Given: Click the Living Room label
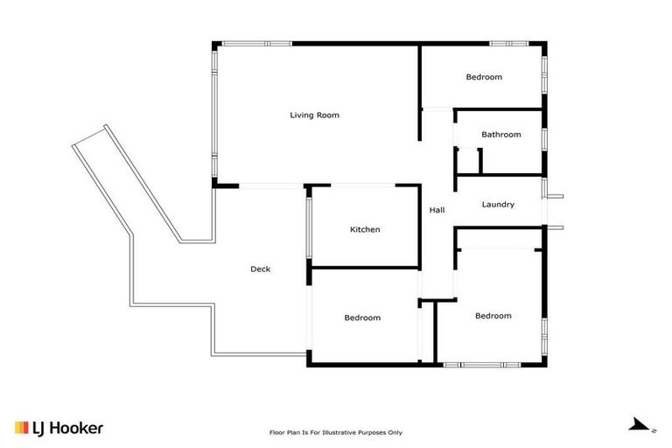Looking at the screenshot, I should [315, 115].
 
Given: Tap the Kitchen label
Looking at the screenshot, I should [365, 229].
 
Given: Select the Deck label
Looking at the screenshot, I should [260, 269].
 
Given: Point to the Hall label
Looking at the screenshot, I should [437, 210].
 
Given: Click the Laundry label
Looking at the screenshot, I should [498, 205].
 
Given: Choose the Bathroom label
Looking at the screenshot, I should [501, 135].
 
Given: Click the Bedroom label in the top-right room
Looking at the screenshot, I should [484, 77].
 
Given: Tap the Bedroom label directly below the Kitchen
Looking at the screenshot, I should [362, 318].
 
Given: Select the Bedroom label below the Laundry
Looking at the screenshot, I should [493, 316].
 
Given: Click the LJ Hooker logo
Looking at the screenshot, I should [59, 428].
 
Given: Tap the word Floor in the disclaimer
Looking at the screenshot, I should [276, 432].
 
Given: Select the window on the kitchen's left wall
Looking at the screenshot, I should [308, 227].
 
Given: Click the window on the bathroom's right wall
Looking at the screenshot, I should [544, 138].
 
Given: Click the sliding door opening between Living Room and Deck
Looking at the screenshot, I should [271, 185].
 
